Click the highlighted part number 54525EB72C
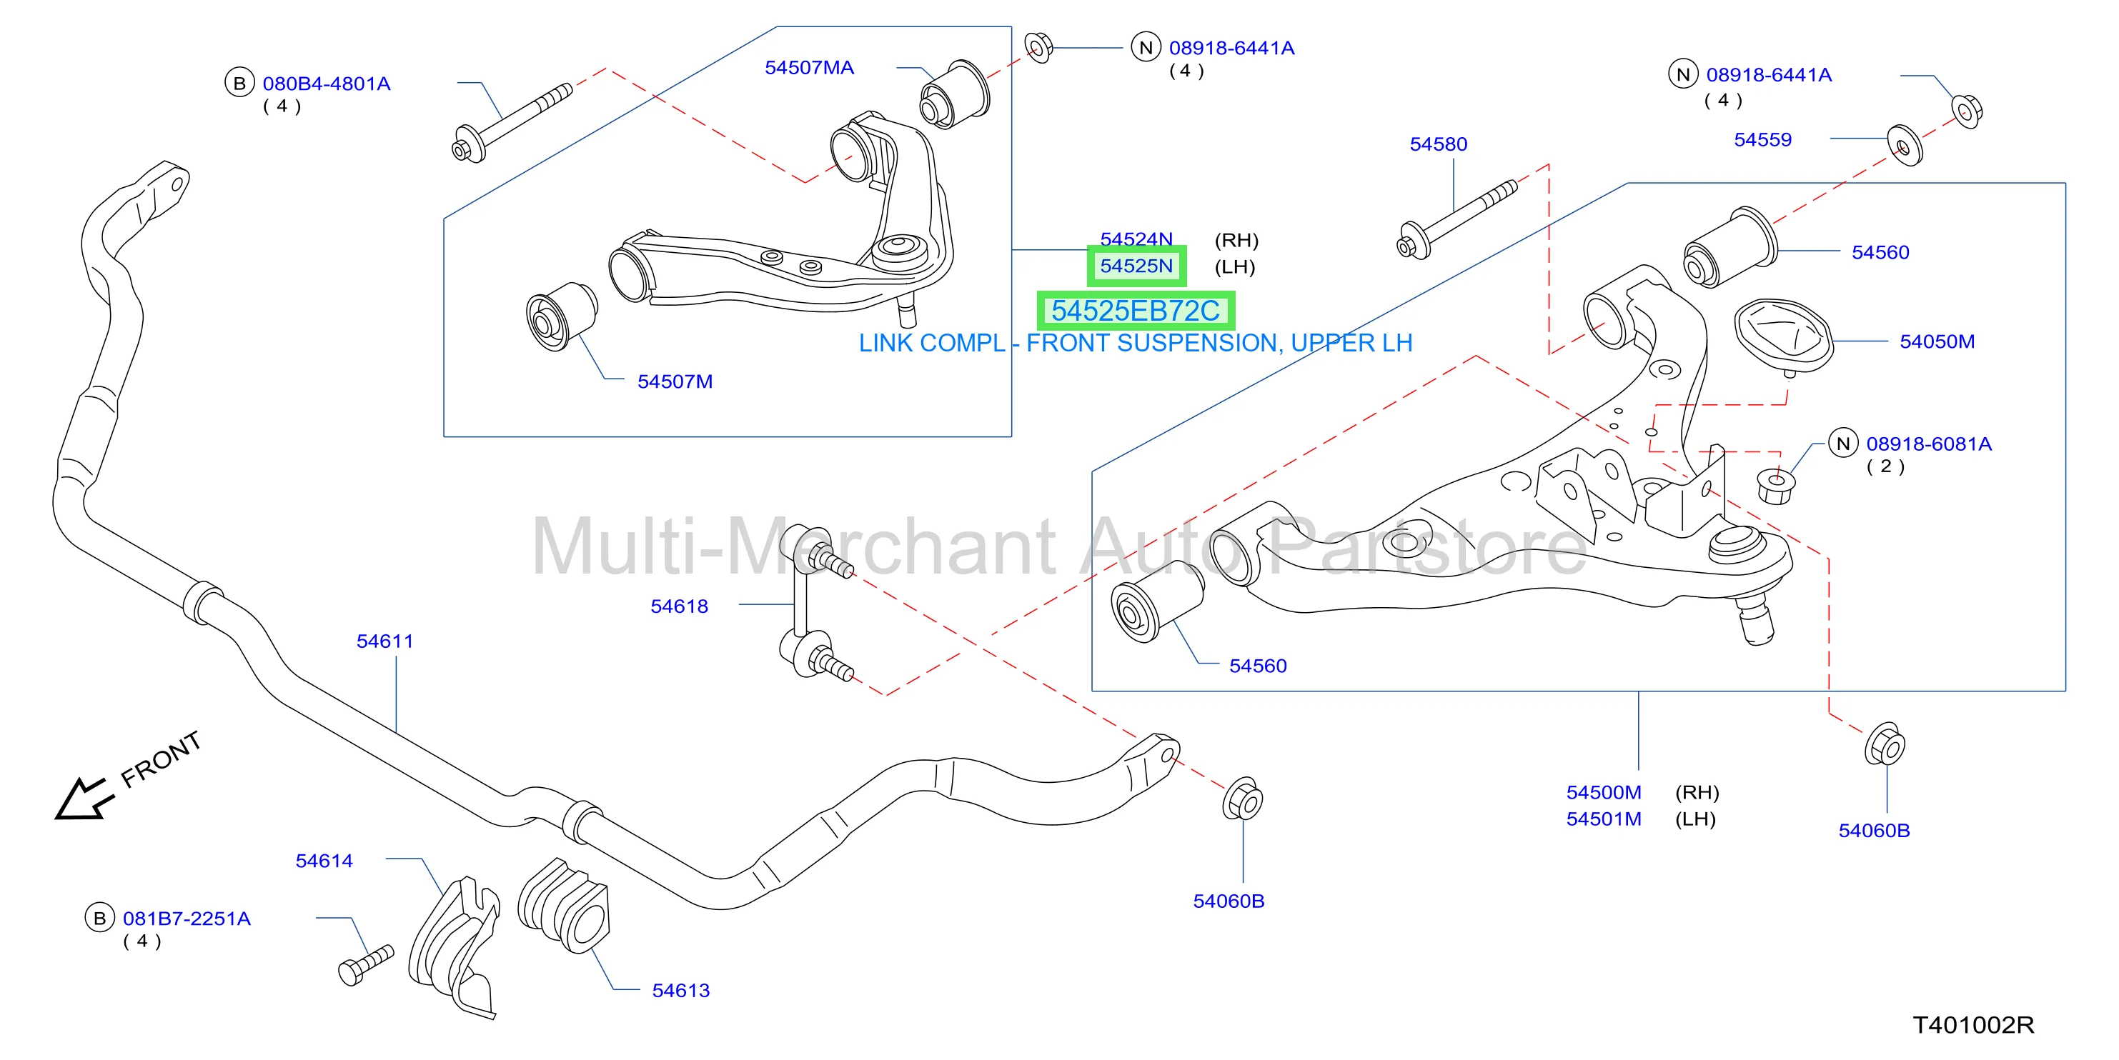click(1135, 311)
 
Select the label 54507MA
click(810, 67)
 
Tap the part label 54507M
click(675, 381)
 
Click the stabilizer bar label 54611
click(385, 641)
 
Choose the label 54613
click(681, 991)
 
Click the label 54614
click(324, 861)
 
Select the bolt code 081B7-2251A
click(187, 919)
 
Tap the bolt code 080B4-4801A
click(327, 84)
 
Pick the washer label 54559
click(1763, 140)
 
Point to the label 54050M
click(1937, 341)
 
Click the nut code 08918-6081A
click(1929, 444)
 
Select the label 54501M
click(1604, 819)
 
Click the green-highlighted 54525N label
click(1137, 266)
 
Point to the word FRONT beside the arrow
click(162, 759)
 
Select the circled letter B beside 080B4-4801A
click(239, 83)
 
